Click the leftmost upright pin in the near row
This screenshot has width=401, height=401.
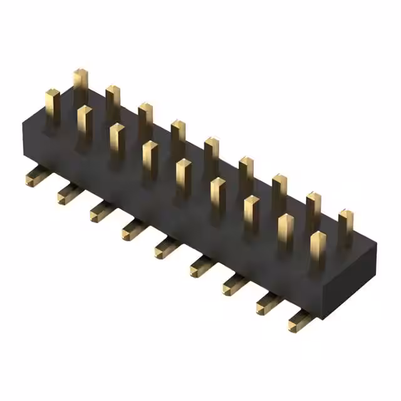click(x=51, y=103)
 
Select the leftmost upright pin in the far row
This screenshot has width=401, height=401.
click(x=80, y=85)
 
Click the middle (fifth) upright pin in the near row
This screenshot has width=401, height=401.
click(x=183, y=175)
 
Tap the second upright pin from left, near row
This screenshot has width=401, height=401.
click(x=84, y=122)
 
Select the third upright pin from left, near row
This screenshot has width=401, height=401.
click(x=117, y=139)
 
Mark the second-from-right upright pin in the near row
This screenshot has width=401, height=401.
click(x=285, y=231)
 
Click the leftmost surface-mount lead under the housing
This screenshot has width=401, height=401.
click(x=33, y=178)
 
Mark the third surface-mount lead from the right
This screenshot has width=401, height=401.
click(x=233, y=284)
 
